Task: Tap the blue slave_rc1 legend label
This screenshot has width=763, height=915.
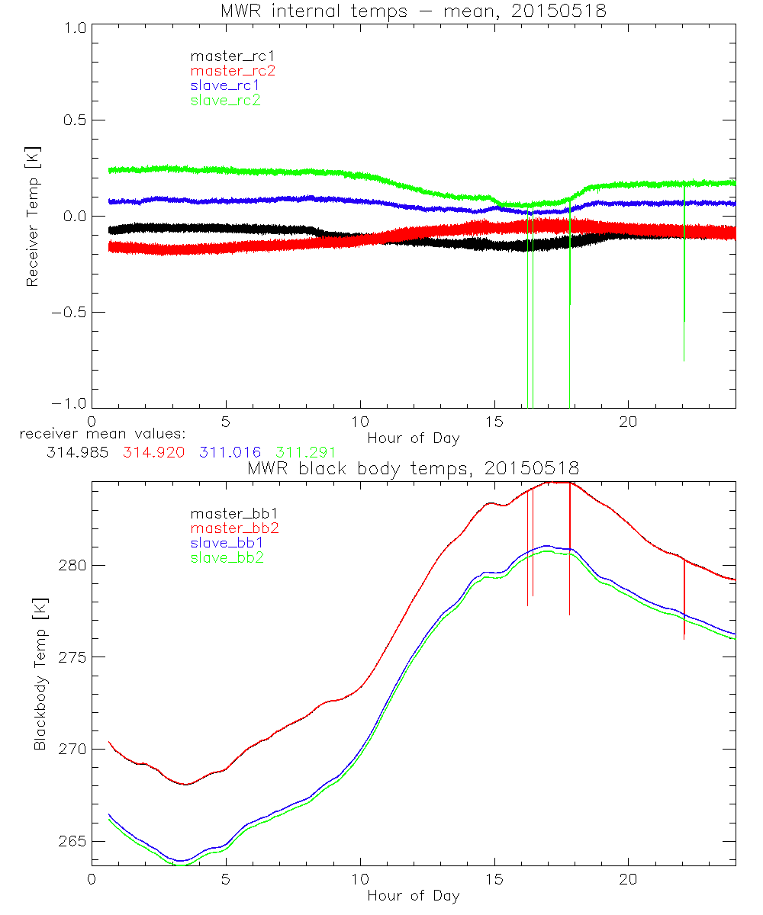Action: pyautogui.click(x=225, y=85)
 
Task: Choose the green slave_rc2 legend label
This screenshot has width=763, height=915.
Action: pyautogui.click(x=225, y=100)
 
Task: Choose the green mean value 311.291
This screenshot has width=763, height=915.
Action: pyautogui.click(x=305, y=452)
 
